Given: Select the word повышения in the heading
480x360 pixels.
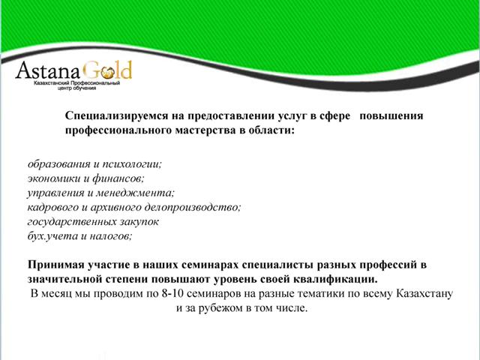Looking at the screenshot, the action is tap(391, 116).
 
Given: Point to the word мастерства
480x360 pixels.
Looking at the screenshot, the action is tap(205, 130).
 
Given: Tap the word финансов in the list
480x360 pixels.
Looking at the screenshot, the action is tap(118, 178).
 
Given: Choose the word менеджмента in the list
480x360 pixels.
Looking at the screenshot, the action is tap(135, 193).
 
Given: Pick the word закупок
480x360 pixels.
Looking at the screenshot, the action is tap(139, 222).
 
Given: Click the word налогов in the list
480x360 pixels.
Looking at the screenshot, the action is tap(110, 236).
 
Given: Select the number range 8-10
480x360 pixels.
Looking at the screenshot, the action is tap(172, 293).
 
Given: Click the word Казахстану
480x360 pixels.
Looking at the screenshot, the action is tap(424, 293).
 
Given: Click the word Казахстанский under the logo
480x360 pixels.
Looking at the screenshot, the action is tap(52, 83).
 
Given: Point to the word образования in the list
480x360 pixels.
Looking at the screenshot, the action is tap(58, 164).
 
